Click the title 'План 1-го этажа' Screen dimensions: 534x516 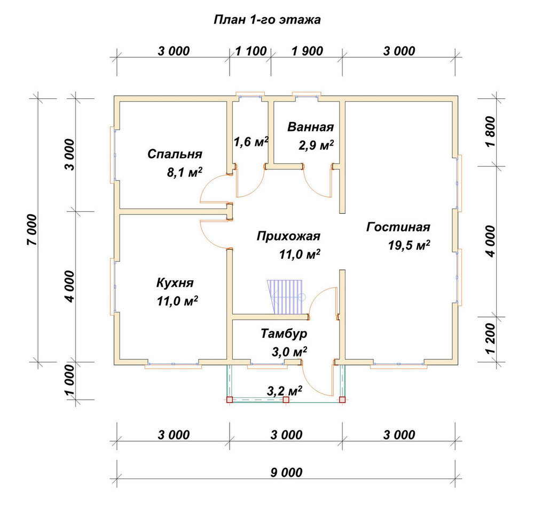267,20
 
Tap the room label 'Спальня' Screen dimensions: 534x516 175,154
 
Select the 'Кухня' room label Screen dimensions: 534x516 175,283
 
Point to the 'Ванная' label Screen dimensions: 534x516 311,127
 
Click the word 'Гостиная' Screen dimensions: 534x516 398,227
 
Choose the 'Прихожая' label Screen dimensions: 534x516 288,236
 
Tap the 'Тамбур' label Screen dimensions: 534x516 284,334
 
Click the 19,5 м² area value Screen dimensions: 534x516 409,245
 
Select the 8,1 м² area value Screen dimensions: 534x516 185,172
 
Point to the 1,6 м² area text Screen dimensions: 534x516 251,141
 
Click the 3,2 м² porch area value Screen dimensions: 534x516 285,391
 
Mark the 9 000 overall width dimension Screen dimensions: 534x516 286,472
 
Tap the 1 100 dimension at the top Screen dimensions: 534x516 251,51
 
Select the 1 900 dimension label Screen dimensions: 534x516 307,51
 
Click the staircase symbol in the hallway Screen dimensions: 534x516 285,297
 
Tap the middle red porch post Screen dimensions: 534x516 286,400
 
